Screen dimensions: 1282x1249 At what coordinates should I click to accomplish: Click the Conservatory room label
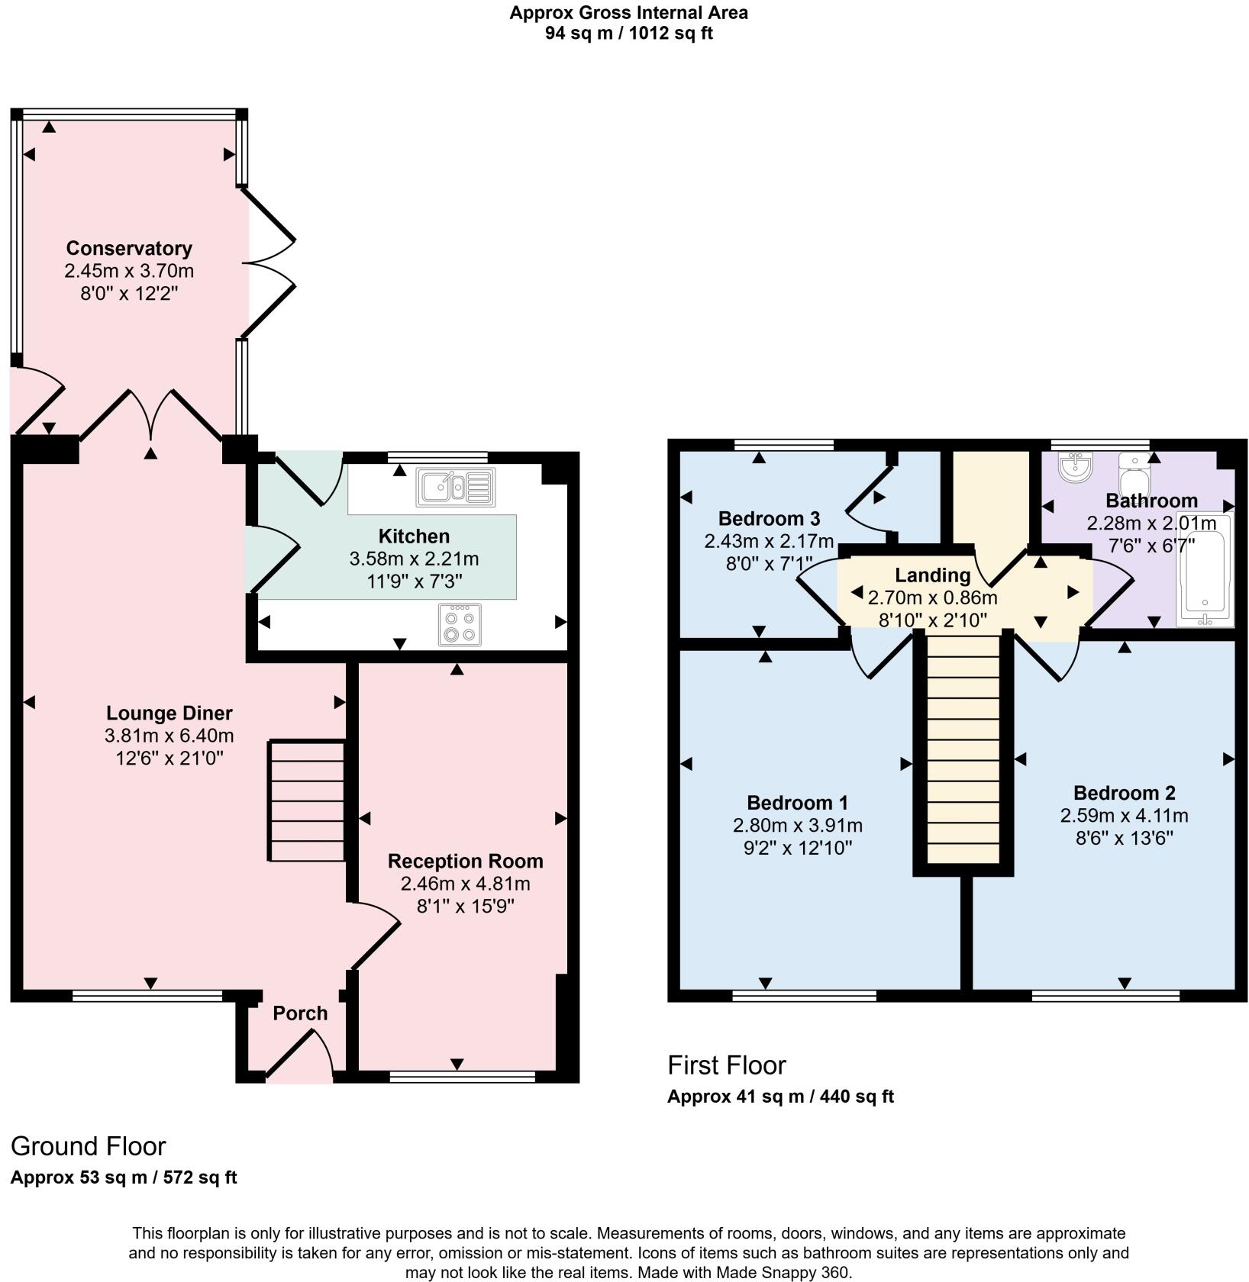(x=129, y=248)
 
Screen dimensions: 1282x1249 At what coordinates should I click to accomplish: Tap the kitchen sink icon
(x=455, y=487)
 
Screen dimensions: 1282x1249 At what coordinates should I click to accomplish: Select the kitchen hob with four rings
(x=460, y=625)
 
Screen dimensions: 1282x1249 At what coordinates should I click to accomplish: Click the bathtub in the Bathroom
(x=1205, y=570)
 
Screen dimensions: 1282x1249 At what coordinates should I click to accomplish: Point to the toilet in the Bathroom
(x=1134, y=475)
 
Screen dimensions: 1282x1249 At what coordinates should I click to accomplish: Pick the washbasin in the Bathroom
(x=1076, y=466)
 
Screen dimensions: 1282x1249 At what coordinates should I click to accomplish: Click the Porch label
(x=300, y=1013)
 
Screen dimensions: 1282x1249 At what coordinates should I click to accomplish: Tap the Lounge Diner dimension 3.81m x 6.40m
(x=169, y=736)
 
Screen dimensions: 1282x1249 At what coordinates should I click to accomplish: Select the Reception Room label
(x=465, y=861)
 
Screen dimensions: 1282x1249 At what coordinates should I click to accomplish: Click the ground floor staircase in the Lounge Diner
(x=306, y=800)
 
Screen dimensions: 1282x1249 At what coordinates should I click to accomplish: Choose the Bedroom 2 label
(x=1124, y=792)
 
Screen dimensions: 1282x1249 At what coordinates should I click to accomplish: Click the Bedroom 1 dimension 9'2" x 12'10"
(x=797, y=848)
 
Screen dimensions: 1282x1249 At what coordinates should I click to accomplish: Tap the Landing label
(x=932, y=575)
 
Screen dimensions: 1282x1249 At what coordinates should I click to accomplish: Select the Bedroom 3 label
(x=769, y=519)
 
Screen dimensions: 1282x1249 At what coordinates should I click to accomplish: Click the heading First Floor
(x=726, y=1065)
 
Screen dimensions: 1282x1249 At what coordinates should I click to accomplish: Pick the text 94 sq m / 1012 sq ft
(x=628, y=34)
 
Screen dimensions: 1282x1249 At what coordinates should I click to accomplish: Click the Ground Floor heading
(x=88, y=1145)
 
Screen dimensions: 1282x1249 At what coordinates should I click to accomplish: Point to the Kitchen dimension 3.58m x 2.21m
(x=414, y=559)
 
